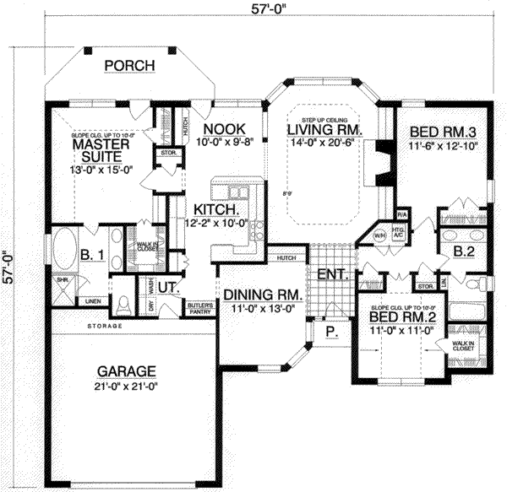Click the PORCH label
point(128,66)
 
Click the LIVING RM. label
point(324,131)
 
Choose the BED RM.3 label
point(444,132)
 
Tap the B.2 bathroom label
point(462,251)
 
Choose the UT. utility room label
point(169,288)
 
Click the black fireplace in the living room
point(383,160)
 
